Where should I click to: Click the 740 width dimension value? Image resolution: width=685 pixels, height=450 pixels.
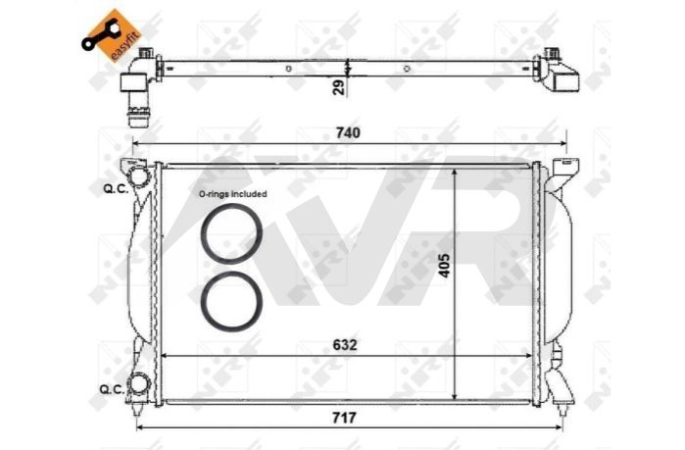click(x=348, y=132)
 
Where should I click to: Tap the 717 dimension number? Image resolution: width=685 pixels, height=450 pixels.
click(x=344, y=418)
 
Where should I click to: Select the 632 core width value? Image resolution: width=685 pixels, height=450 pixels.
click(x=345, y=345)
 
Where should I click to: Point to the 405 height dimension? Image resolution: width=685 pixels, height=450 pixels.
click(x=444, y=265)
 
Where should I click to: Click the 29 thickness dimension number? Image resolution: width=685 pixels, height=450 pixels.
click(x=338, y=87)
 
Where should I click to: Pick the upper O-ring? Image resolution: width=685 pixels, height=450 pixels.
click(x=231, y=233)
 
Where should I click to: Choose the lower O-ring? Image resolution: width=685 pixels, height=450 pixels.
click(x=231, y=301)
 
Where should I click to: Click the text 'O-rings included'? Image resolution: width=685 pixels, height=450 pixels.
click(x=232, y=194)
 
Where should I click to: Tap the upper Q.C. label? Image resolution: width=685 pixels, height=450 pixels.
click(x=116, y=189)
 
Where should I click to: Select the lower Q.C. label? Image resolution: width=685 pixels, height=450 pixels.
click(x=112, y=389)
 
